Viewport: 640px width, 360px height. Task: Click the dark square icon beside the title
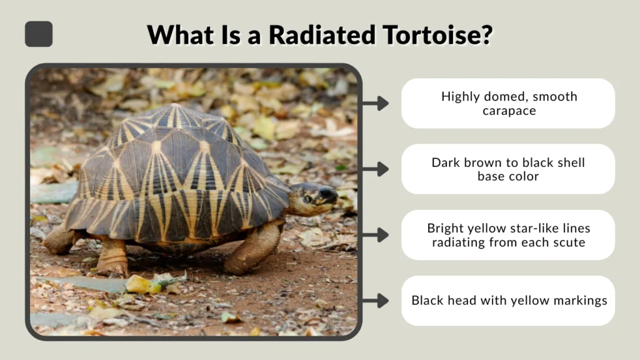point(39,34)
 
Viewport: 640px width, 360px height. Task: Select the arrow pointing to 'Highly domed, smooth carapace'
point(375,103)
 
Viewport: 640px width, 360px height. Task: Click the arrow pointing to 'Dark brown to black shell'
point(375,169)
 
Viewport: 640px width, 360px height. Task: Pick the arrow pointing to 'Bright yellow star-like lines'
point(375,235)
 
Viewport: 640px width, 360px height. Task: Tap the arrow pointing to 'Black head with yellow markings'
point(375,301)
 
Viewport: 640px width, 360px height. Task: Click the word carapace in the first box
point(509,111)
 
